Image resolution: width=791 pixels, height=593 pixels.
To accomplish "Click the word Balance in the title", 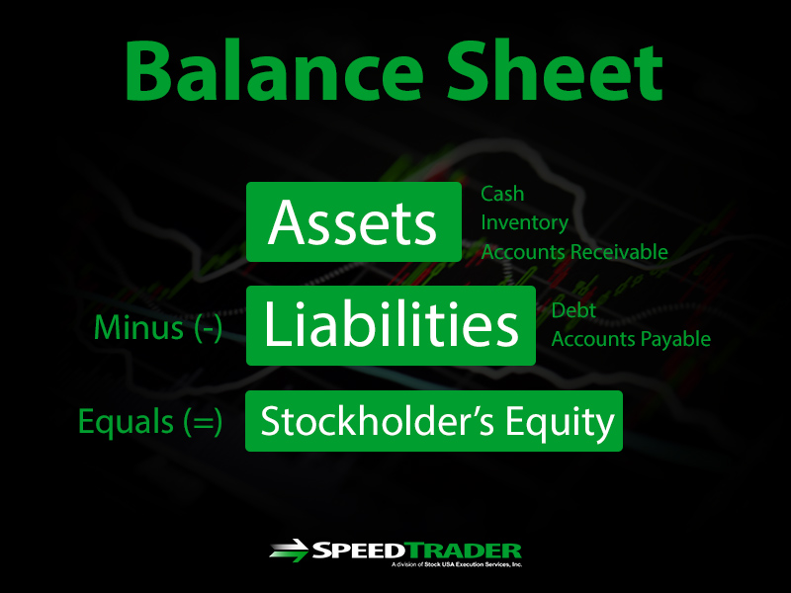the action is click(x=274, y=70).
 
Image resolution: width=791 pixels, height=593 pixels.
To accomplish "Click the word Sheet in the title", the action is click(x=555, y=70).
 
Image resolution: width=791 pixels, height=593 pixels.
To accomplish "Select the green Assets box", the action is click(x=354, y=221).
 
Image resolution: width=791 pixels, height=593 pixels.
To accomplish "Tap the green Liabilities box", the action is click(x=391, y=326).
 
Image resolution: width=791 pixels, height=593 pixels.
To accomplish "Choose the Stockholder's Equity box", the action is click(x=434, y=421).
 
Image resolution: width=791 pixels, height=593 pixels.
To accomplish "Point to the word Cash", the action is click(x=502, y=194).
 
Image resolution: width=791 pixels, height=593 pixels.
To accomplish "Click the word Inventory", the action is click(x=525, y=223).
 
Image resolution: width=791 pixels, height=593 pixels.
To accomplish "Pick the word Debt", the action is click(x=573, y=310).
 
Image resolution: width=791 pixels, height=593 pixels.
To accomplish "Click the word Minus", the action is click(x=138, y=328).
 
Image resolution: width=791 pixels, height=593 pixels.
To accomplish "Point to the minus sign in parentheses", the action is click(x=209, y=329).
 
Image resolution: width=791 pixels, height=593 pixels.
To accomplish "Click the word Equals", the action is click(x=127, y=423).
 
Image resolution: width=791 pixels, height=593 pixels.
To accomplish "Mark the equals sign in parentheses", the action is click(x=203, y=423).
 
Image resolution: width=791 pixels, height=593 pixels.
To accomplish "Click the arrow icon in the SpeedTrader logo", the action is click(x=289, y=551).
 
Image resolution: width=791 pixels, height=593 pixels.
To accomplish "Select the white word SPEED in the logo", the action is click(x=359, y=551).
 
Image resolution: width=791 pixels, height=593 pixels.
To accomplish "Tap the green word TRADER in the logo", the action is click(x=464, y=551).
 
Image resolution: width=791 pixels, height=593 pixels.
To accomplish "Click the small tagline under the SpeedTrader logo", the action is click(x=457, y=564).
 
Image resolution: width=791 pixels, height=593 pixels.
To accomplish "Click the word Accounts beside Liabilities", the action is click(x=584, y=339).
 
